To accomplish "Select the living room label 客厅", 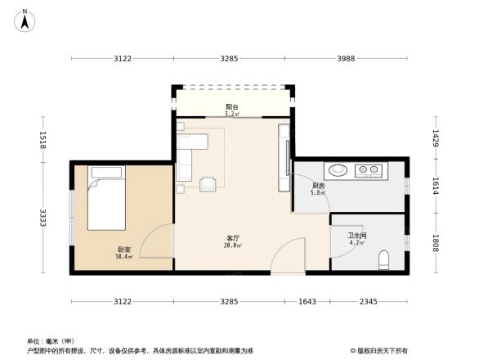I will (233, 238).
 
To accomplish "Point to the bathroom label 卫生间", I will (357, 236).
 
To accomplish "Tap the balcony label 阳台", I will (233, 107).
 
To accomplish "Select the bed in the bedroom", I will (106, 199).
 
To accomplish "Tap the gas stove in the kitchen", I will (369, 172).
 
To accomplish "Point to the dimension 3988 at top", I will (347, 58).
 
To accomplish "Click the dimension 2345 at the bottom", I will (366, 302).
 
